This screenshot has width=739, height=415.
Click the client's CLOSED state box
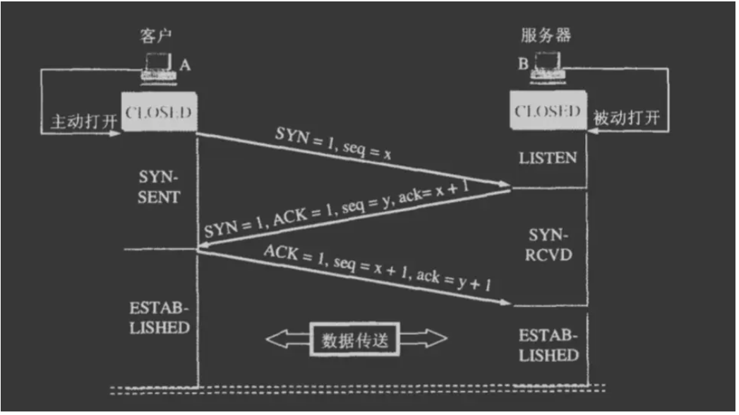click(x=159, y=112)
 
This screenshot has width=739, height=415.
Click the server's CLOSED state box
click(x=547, y=112)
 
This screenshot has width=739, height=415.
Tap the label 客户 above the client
click(x=156, y=36)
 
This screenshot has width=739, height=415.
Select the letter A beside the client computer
click(x=185, y=65)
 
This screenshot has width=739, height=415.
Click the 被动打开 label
click(x=627, y=117)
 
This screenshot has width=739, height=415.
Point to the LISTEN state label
click(x=548, y=158)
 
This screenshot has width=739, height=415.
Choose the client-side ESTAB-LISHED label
click(x=160, y=318)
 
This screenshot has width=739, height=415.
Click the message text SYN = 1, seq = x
click(x=335, y=144)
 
